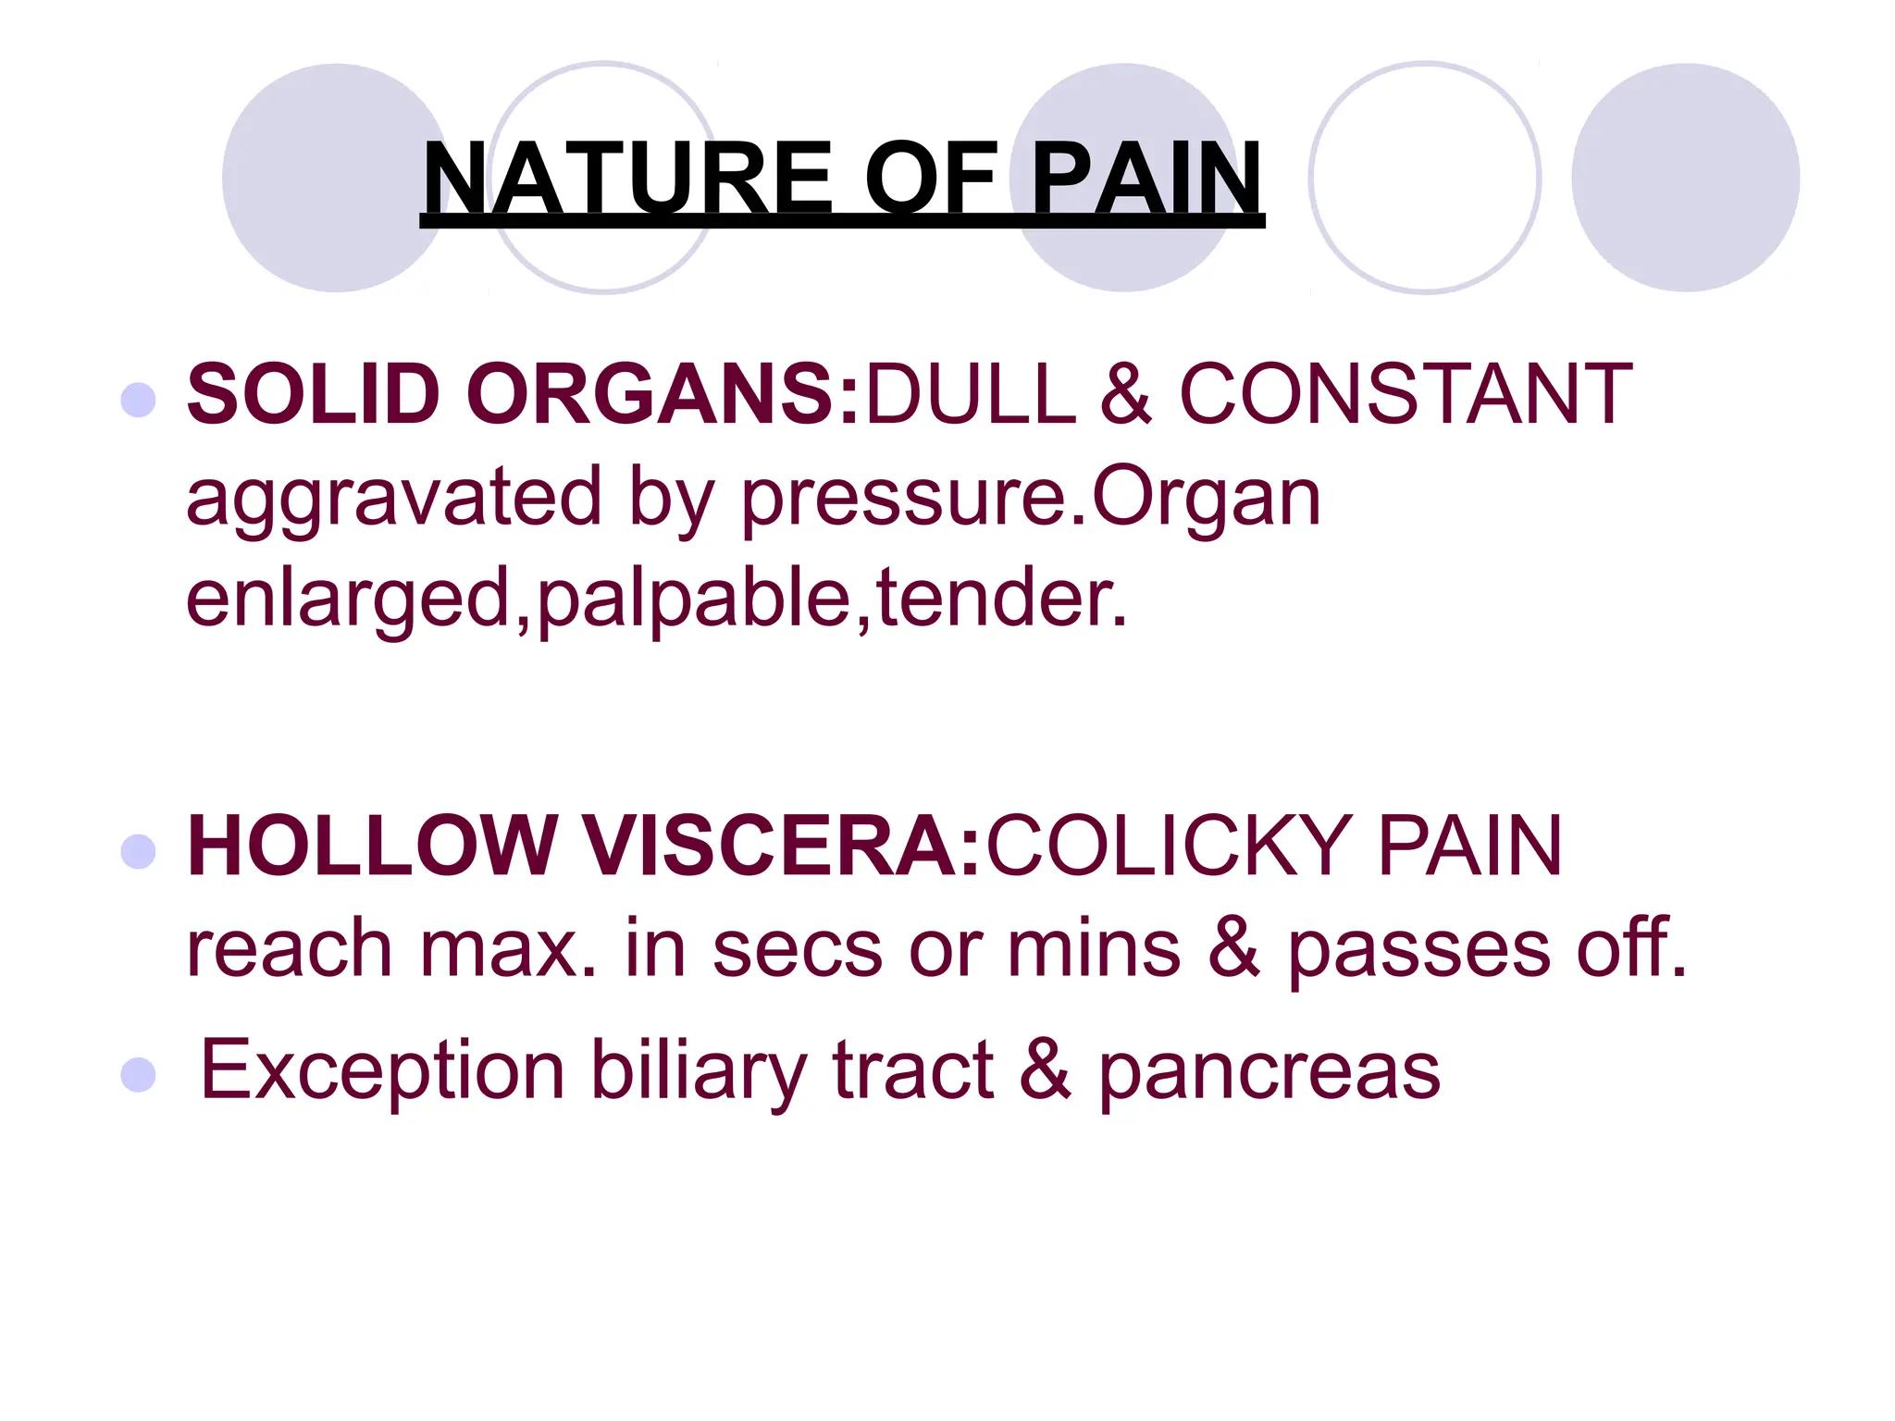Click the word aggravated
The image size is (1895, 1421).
tap(394, 500)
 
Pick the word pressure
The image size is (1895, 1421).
tap(903, 500)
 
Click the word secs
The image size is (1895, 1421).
tap(797, 949)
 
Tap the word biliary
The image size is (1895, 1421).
tap(699, 1071)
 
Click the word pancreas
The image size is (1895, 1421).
tap(1269, 1071)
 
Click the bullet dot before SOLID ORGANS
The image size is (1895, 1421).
tap(139, 400)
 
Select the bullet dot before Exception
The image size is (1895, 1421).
tap(139, 1075)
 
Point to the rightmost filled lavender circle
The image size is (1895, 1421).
tap(1685, 178)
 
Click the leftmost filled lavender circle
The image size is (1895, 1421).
tap(335, 178)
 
